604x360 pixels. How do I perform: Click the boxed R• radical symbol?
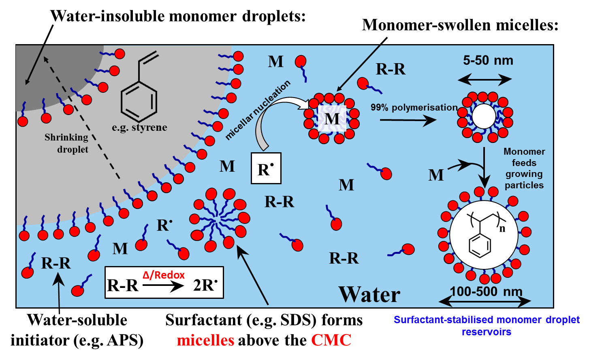tap(266, 168)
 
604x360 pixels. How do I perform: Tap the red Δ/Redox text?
tap(164, 275)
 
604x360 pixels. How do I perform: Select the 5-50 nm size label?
tap(488, 61)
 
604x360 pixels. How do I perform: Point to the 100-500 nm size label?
tap(486, 291)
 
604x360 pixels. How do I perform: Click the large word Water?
tap(369, 294)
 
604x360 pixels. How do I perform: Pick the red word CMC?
tap(331, 340)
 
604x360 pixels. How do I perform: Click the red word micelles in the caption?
tap(205, 340)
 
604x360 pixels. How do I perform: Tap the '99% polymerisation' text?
tap(414, 108)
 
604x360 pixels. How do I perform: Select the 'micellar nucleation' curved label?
tap(258, 110)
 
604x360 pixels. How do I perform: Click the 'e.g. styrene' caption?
tap(139, 128)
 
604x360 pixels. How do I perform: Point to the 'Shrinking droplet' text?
tap(67, 143)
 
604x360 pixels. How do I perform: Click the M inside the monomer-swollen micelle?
tap(332, 119)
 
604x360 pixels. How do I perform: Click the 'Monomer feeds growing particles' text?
tap(524, 168)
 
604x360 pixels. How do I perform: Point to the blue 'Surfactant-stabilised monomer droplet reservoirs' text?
tap(487, 326)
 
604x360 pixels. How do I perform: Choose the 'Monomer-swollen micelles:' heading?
tap(460, 25)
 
